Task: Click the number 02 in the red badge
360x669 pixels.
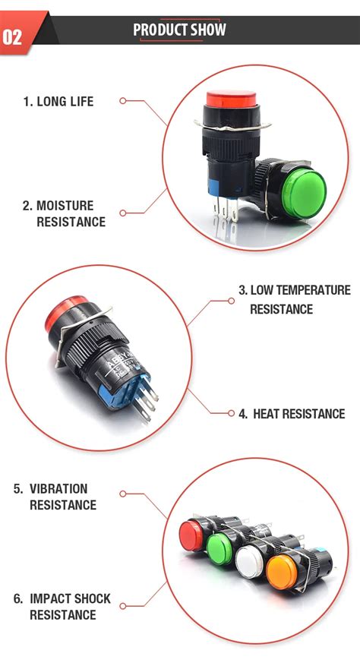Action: (x=12, y=37)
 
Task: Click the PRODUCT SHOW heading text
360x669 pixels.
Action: (x=179, y=30)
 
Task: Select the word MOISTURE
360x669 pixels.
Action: (x=65, y=206)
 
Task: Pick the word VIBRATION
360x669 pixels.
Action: (x=58, y=488)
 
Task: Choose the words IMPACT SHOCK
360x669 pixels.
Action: (x=70, y=598)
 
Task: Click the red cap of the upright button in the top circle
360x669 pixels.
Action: (x=232, y=99)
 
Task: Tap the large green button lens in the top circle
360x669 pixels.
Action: (x=304, y=194)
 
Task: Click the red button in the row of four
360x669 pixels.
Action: (x=191, y=535)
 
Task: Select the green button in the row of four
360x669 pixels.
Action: (x=219, y=549)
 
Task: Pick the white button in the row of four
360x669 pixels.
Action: (x=250, y=562)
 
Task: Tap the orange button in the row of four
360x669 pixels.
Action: (x=282, y=572)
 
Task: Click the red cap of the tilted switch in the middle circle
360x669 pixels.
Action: (x=63, y=312)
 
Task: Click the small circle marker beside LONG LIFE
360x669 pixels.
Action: (x=123, y=101)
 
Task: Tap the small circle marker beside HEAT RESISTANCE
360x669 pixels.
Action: (x=231, y=413)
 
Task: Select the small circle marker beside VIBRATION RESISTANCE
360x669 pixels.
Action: (x=123, y=494)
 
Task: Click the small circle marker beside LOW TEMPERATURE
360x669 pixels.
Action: (x=231, y=301)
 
